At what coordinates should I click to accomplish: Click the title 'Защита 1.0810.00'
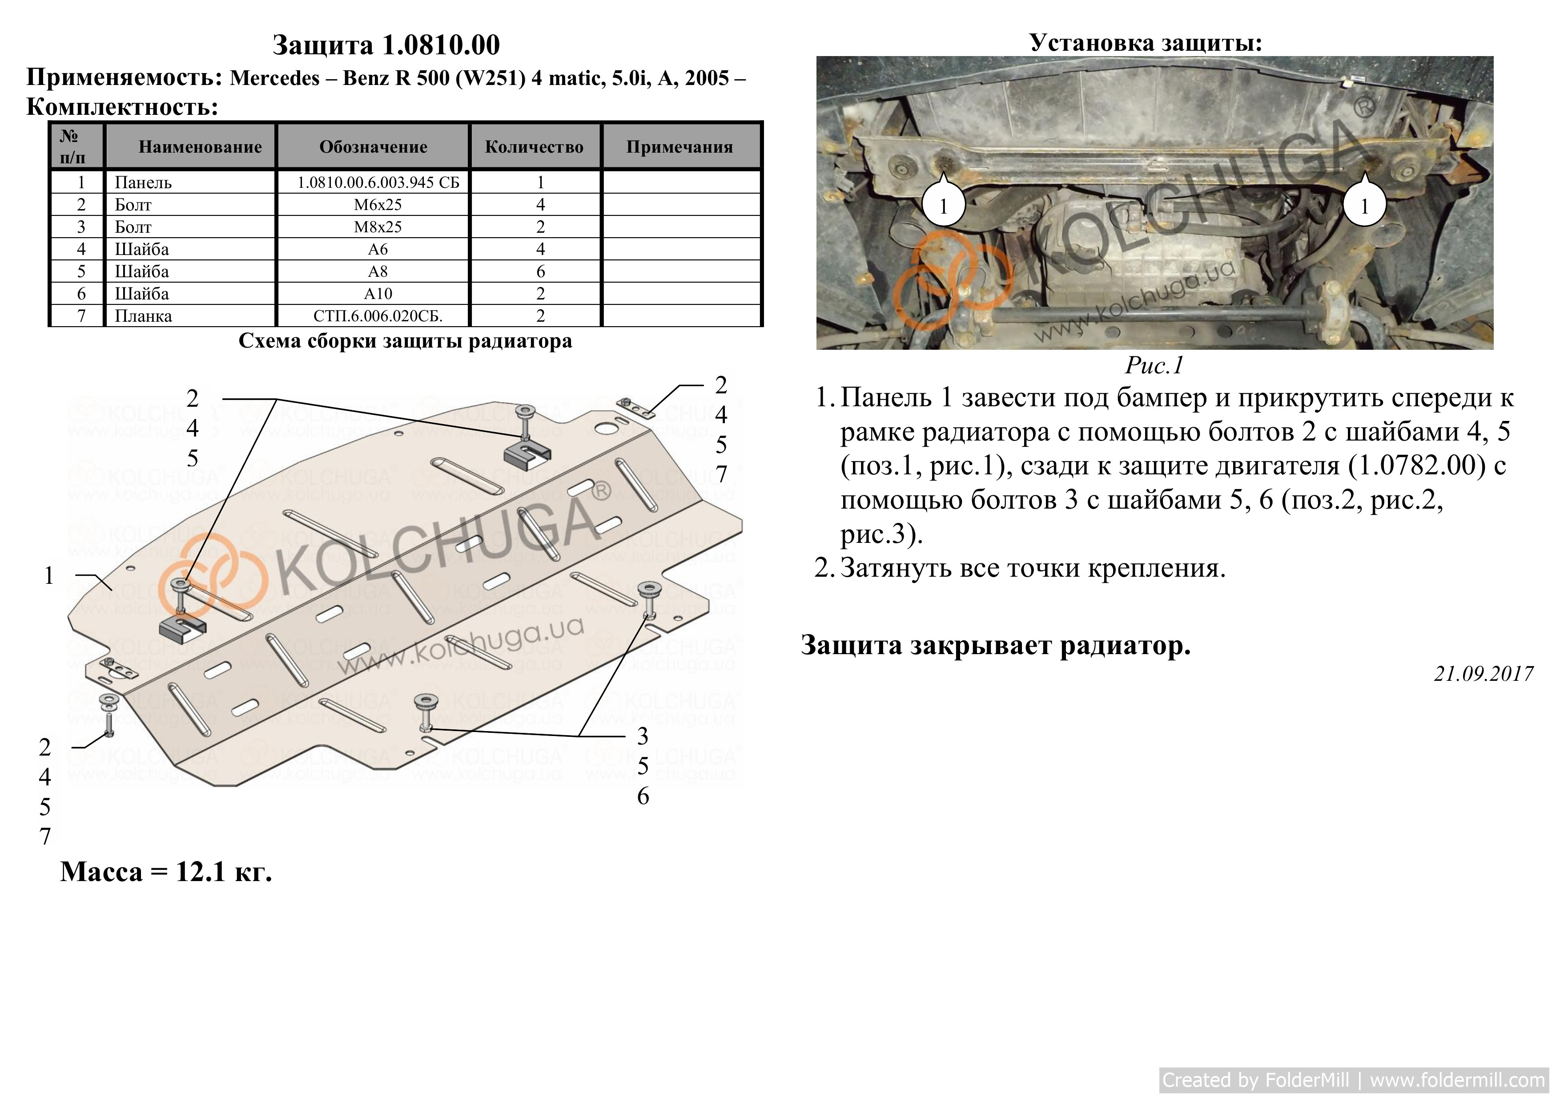pyautogui.click(x=386, y=45)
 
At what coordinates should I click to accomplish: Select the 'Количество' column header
pyautogui.click(x=534, y=147)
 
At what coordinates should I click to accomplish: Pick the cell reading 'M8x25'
pyautogui.click(x=378, y=227)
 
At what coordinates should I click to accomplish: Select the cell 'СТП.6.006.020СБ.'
pyautogui.click(x=378, y=316)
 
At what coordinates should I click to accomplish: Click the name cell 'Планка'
pyautogui.click(x=143, y=316)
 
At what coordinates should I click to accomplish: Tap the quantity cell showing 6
pyautogui.click(x=541, y=271)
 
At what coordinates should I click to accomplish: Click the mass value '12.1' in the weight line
pyautogui.click(x=201, y=872)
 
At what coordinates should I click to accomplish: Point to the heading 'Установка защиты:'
pyautogui.click(x=1146, y=43)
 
